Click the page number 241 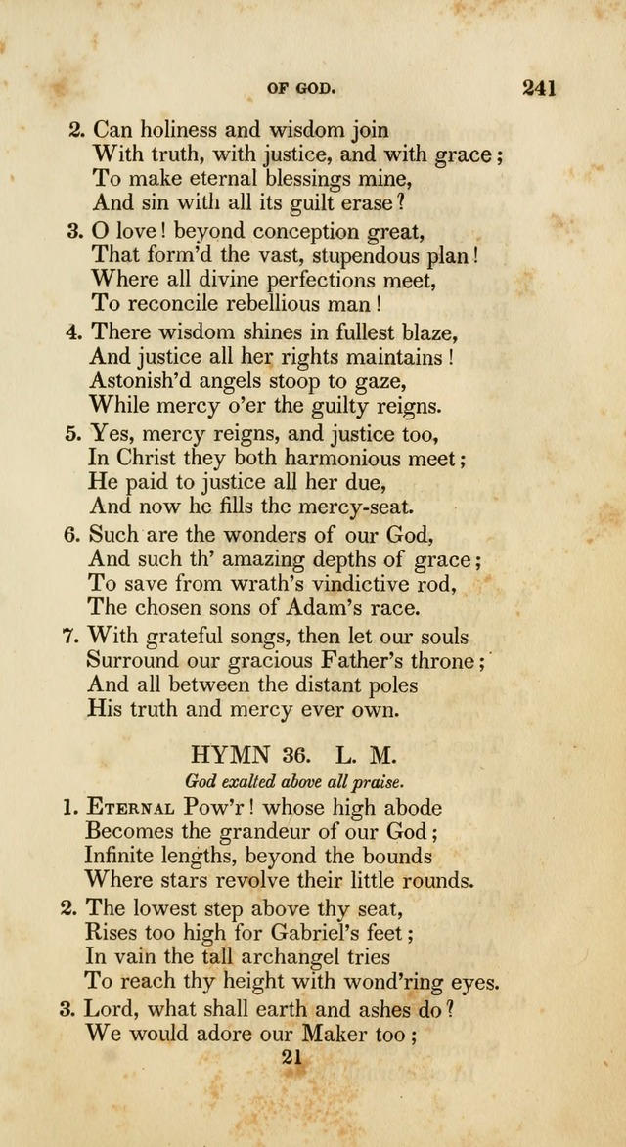[x=539, y=88]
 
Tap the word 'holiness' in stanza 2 [x=179, y=129]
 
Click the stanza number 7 [x=69, y=637]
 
